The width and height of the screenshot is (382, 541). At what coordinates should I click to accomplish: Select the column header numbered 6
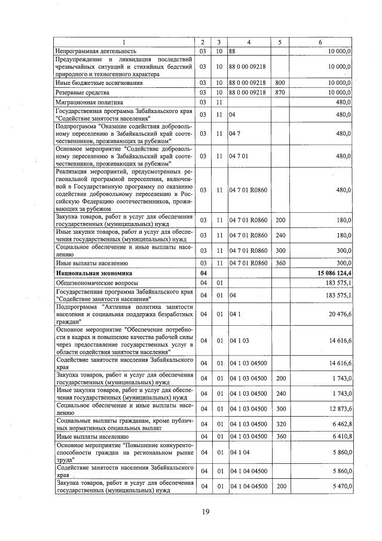pos(320,42)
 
